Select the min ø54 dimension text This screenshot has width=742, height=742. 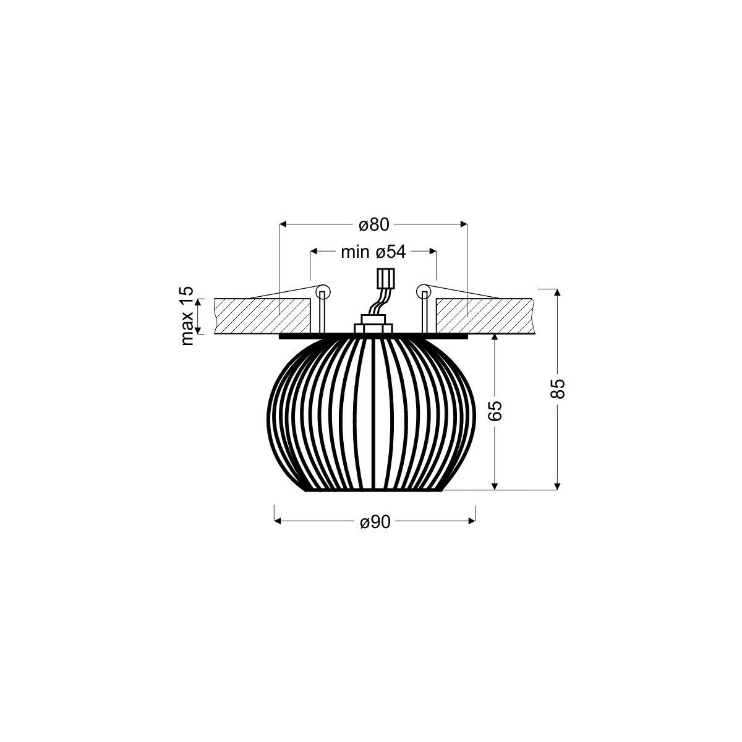point(373,252)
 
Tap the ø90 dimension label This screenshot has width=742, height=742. point(375,522)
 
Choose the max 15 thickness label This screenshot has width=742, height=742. point(187,316)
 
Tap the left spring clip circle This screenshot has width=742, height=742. point(322,291)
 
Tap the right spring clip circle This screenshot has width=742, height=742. point(424,291)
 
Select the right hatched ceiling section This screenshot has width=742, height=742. point(484,317)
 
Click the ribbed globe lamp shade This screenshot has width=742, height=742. point(373,414)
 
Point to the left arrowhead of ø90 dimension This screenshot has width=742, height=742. point(278,522)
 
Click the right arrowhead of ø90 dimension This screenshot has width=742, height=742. point(472,522)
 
